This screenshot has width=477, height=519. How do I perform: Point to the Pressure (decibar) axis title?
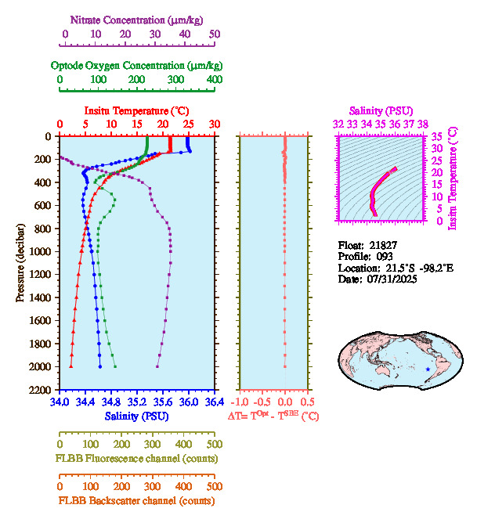(20, 263)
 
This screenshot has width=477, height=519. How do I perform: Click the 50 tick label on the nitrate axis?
(215, 34)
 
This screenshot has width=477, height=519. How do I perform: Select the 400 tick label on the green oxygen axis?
(214, 80)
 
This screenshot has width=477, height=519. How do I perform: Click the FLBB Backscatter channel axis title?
(137, 501)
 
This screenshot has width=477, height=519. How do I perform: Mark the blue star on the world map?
(427, 368)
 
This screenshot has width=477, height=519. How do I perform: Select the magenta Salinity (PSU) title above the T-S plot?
(381, 111)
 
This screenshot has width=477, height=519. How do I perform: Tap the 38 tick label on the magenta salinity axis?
(423, 124)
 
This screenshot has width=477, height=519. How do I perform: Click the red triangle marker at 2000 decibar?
(71, 366)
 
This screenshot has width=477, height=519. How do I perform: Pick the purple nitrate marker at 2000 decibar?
(157, 366)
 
